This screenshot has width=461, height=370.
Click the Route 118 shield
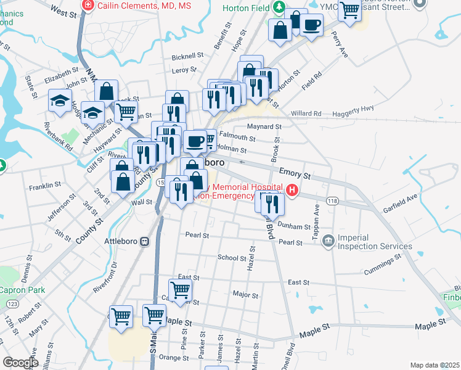333,201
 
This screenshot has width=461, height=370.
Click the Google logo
21,363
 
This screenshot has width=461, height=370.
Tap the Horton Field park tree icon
279,6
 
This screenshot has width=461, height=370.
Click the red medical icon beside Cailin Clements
88,6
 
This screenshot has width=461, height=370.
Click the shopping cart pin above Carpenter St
180,289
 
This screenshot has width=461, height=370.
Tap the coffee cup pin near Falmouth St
195,141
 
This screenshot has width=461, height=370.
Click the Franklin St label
44,184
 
